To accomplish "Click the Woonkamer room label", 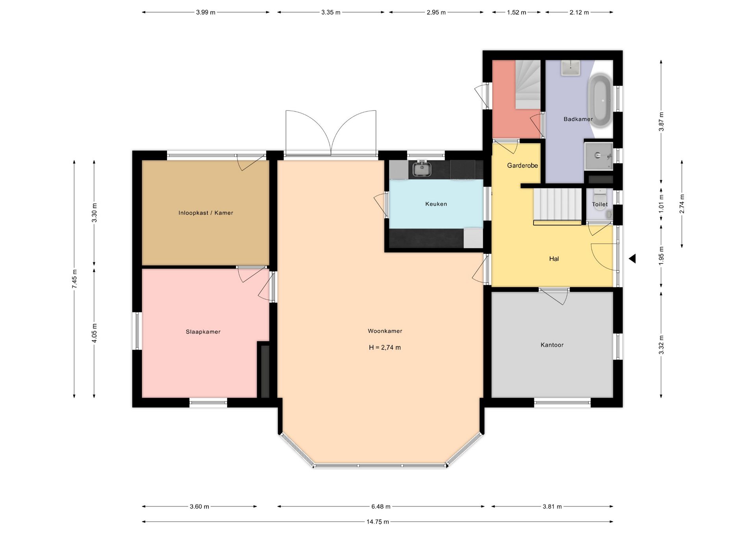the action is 385,331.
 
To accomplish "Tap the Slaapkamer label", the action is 203,332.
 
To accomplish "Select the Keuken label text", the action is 436,204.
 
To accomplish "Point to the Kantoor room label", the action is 552,345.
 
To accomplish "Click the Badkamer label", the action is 578,119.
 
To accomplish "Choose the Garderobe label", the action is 523,166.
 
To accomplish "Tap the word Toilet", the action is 600,204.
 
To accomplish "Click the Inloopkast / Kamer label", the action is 206,213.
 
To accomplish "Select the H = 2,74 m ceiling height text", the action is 385,348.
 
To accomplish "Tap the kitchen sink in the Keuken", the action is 422,169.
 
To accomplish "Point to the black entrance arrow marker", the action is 632,259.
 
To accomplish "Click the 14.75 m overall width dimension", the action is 378,522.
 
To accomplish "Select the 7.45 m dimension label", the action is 74,279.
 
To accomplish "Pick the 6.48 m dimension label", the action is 381,506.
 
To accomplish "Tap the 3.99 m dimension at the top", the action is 206,12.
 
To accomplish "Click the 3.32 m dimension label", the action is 661,345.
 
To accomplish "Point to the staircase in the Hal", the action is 557,206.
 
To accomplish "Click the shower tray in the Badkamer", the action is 598,156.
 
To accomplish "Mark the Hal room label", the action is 554,259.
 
